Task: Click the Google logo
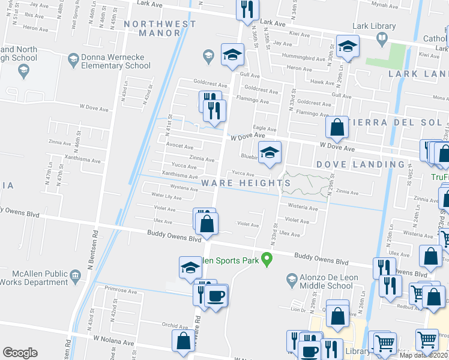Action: click(20, 353)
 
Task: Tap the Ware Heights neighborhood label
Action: click(246, 182)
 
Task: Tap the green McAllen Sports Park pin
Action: click(268, 259)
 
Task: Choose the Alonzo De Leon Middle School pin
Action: click(292, 278)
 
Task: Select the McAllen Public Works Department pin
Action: click(76, 275)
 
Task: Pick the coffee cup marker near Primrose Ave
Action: click(215, 295)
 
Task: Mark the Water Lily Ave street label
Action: click(166, 196)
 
